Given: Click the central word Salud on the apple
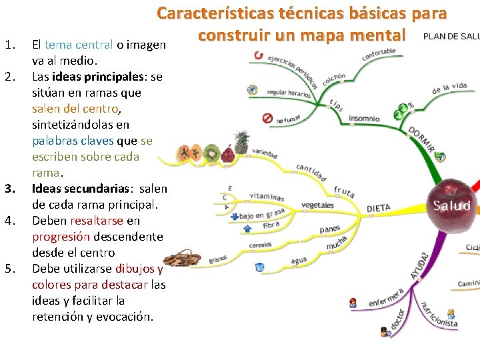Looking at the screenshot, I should coord(451,205).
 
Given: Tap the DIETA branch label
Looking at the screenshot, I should coord(378,208).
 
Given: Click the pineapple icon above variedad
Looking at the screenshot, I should coord(241,142).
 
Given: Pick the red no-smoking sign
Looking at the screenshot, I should coord(267,118).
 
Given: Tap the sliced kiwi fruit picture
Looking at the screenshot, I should coord(212,153).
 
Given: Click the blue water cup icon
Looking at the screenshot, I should coord(259,267).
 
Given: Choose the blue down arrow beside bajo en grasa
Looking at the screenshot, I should coord(233,216).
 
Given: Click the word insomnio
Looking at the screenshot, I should coord(364,119).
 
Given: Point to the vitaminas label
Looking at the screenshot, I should coord(267,197).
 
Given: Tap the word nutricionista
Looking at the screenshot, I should coord(439,315).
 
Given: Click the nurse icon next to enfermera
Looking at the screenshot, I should coord(353,303).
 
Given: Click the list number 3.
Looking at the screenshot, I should coord(9,189).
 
